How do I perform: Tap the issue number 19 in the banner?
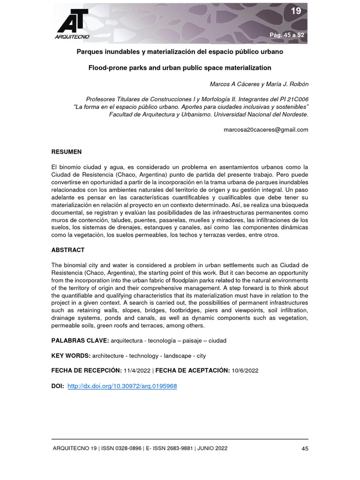point(296,11)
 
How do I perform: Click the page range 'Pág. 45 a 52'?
point(287,35)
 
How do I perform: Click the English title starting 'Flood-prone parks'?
point(180,67)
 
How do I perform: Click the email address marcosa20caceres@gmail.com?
point(267,130)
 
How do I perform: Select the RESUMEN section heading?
point(66,152)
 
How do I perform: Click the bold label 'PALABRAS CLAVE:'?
point(80,341)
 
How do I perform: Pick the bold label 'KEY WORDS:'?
point(71,356)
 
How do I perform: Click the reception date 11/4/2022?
point(137,370)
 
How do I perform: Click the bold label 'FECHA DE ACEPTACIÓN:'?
point(192,370)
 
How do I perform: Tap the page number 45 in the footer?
point(304,449)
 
